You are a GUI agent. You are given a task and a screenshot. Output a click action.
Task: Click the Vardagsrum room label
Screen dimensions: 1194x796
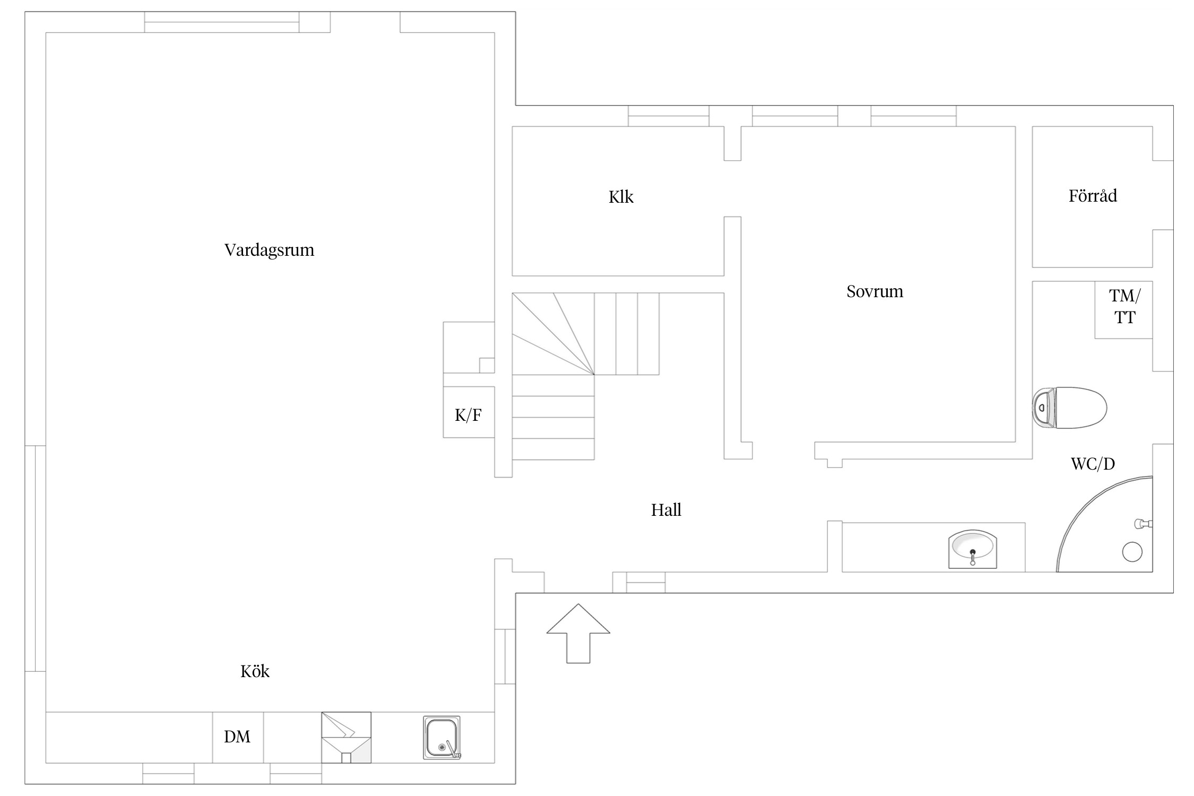[269, 250]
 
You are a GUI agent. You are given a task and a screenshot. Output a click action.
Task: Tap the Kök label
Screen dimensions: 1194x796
[255, 671]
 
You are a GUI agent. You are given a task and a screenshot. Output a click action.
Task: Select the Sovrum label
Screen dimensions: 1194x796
[875, 291]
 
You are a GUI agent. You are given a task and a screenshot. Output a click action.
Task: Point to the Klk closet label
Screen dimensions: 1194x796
[621, 197]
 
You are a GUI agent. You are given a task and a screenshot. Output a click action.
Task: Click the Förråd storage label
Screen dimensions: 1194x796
[1093, 195]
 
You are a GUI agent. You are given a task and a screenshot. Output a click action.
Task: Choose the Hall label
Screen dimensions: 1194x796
[666, 510]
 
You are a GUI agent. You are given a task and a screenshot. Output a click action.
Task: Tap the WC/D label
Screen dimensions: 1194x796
[1093, 464]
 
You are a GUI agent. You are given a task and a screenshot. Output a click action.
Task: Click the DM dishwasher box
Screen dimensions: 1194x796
[238, 737]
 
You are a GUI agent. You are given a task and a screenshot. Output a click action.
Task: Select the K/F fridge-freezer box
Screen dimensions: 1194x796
[469, 412]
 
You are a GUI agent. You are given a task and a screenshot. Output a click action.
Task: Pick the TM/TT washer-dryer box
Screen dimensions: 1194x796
[1123, 310]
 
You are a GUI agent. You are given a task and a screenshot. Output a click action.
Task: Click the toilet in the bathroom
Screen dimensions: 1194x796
[1069, 408]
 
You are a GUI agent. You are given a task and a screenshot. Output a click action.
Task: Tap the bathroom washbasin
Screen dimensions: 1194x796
[972, 549]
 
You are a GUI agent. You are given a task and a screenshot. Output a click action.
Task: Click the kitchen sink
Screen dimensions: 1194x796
[442, 738]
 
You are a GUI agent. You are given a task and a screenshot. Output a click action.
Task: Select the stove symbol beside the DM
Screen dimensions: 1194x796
[346, 737]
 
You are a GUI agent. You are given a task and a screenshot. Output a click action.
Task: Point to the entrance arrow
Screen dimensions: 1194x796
[578, 633]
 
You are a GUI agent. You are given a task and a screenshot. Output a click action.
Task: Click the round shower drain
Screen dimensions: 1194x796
[1132, 552]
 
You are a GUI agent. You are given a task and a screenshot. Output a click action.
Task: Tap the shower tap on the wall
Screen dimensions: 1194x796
[1143, 524]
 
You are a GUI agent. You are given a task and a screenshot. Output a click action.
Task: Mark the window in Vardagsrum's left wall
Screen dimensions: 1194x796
[35, 558]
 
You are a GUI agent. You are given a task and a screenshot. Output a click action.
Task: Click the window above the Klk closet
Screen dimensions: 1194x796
[669, 116]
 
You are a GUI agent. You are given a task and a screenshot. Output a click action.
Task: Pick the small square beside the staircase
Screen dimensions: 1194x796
[487, 365]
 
